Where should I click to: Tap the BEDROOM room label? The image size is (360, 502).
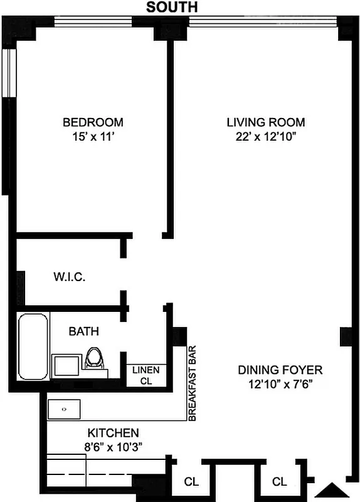click(93, 122)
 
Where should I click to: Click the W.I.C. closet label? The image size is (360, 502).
click(69, 277)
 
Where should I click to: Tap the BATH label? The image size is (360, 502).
click(83, 331)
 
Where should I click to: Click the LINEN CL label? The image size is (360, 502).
click(146, 375)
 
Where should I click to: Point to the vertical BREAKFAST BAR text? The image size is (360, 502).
click(193, 383)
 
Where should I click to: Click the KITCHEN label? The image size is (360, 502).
click(113, 433)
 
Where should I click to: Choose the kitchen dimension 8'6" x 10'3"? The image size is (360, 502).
click(113, 447)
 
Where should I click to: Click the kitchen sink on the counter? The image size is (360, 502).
click(64, 409)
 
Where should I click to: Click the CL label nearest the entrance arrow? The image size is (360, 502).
click(280, 482)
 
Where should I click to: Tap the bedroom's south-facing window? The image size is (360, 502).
click(93, 21)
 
